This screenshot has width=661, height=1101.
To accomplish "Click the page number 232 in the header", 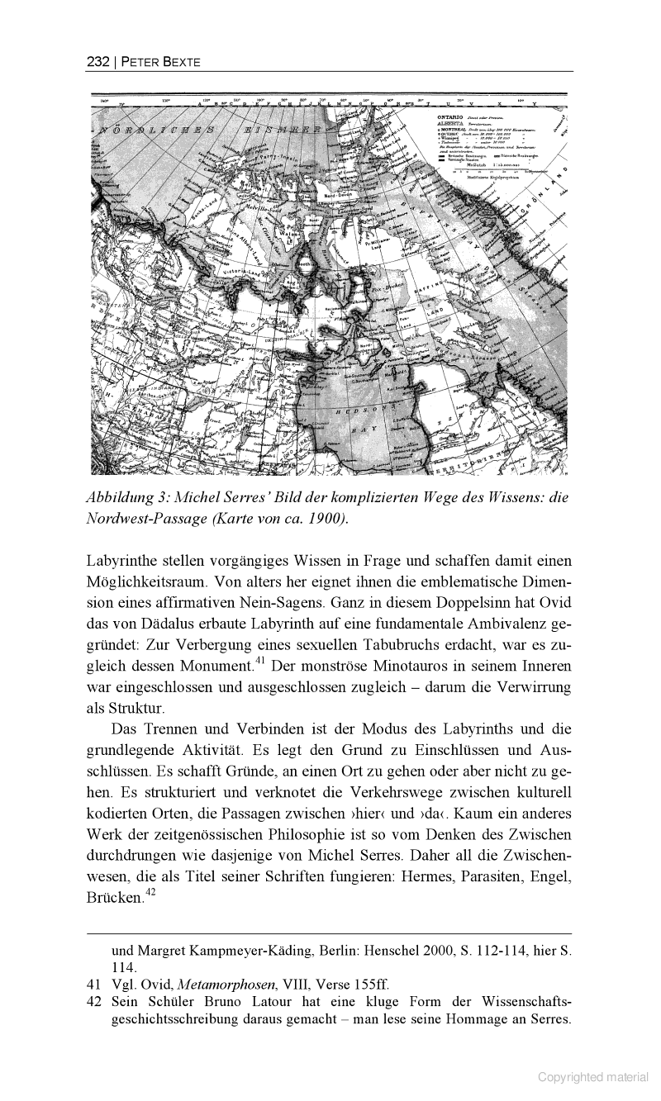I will tap(97, 61).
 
